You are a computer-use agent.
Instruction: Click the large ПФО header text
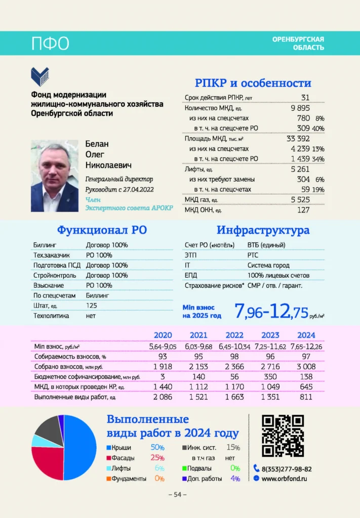50,44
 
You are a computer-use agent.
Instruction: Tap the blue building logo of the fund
40,76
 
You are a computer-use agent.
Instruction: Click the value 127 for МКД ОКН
303,210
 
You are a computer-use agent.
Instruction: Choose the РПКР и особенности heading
253,83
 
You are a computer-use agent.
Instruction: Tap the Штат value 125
92,306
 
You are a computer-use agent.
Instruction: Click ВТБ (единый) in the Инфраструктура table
266,245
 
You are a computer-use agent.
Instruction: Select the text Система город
268,265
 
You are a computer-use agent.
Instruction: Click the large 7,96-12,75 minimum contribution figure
271,311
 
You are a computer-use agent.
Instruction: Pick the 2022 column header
234,335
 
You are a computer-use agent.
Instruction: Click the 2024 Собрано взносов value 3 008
306,366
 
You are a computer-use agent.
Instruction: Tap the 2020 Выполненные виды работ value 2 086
163,397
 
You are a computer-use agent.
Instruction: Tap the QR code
283,436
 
